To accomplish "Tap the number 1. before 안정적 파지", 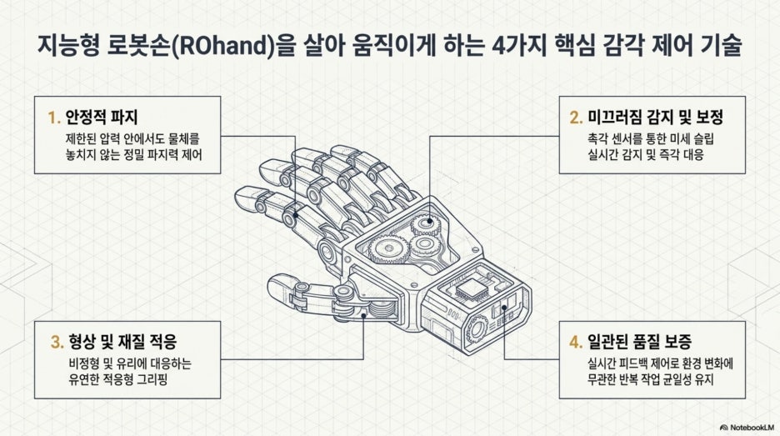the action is click(53, 118).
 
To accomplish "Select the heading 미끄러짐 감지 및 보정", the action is click(655, 117).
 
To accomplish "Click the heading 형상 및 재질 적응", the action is click(122, 342).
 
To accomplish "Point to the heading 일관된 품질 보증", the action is click(639, 342).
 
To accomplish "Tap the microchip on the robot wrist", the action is click(471, 288).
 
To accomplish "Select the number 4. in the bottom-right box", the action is click(576, 342).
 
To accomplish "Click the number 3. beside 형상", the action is click(57, 342).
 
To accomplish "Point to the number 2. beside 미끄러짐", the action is click(576, 118).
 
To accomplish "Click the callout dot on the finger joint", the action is click(296, 216).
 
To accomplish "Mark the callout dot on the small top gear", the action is click(430, 220).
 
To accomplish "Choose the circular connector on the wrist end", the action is click(477, 328).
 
